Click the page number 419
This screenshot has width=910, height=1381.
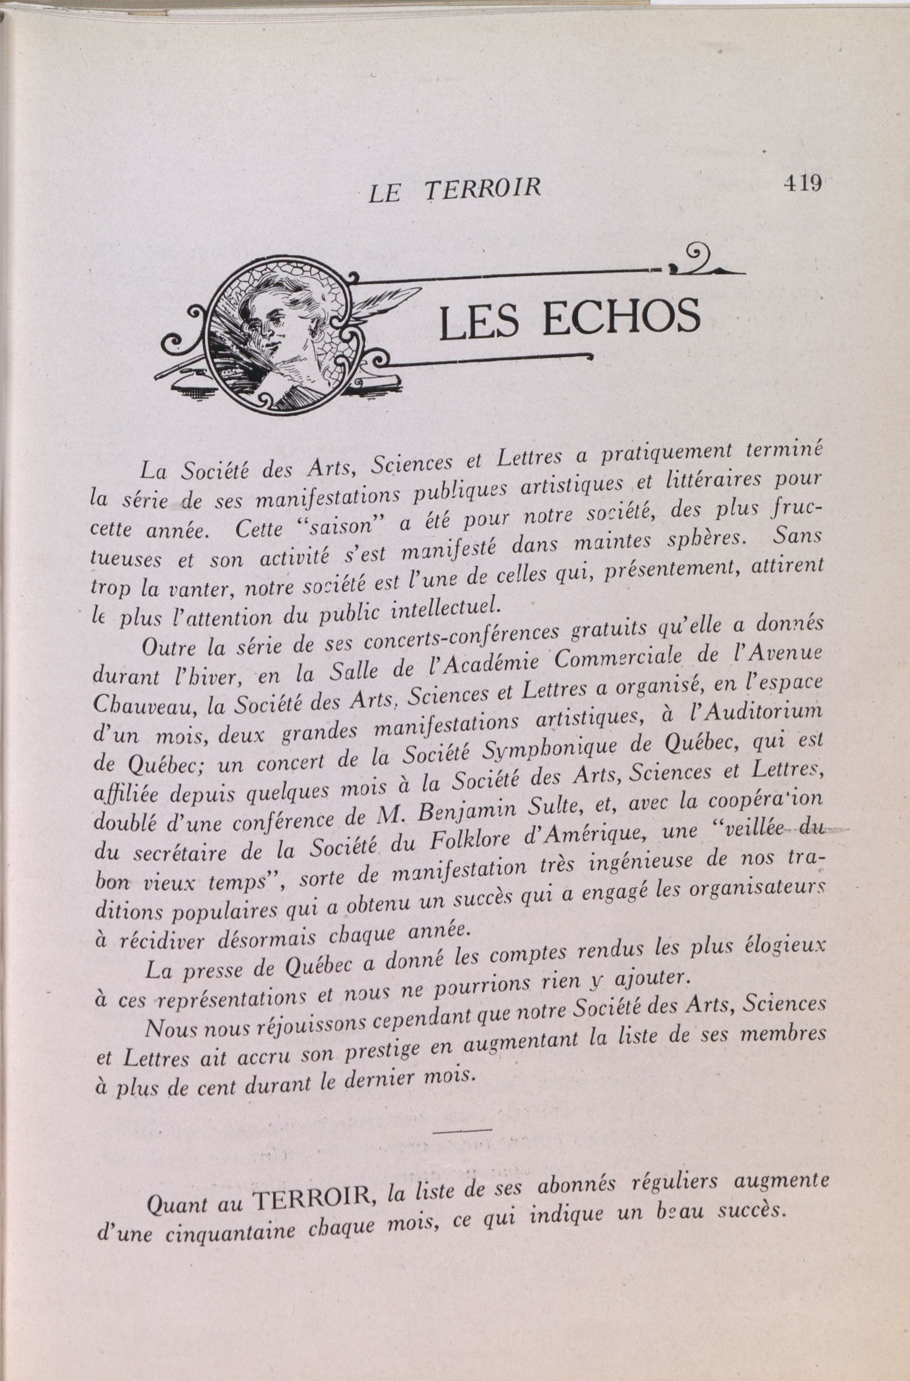[x=802, y=184]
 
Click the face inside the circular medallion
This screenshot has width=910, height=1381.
[x=271, y=330]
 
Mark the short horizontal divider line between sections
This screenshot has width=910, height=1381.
[x=463, y=1129]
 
